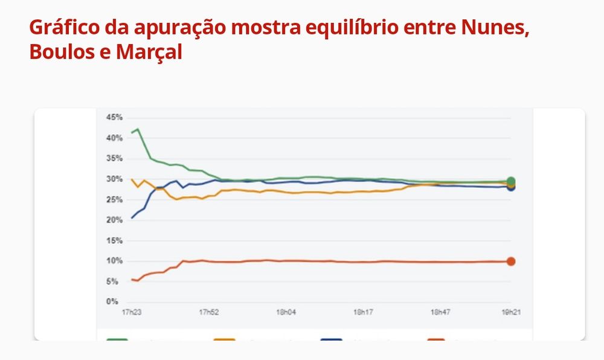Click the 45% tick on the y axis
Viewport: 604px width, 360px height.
pos(114,117)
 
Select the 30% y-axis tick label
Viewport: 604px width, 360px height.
pos(114,179)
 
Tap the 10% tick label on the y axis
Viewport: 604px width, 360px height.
pos(114,261)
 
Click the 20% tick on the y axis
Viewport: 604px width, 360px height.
pos(114,220)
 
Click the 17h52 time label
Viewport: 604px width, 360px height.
pos(208,312)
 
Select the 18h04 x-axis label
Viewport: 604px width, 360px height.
pos(285,312)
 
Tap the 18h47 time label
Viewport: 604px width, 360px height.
pos(440,312)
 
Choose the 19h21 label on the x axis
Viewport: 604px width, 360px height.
pos(511,312)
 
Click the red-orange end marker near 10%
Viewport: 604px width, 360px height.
pos(511,262)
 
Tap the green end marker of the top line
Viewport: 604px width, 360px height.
pos(511,181)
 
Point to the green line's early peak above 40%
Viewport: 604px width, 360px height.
pos(138,129)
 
